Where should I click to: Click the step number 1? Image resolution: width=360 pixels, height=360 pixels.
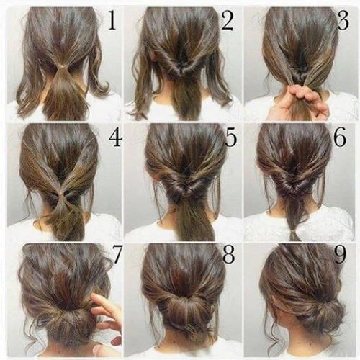112,21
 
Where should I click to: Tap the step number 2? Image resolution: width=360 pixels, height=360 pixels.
227,21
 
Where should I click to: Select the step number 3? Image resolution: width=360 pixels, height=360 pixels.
343,21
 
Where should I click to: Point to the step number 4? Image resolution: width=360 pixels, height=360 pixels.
116,138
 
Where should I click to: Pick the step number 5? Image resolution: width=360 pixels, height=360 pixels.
231,138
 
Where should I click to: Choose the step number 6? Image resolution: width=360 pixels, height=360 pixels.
341,138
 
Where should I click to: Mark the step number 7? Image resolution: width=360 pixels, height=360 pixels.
117,254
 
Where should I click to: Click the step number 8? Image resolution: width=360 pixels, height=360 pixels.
228,254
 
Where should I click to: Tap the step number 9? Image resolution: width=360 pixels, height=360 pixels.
340,254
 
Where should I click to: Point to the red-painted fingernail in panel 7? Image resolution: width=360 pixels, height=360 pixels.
117,340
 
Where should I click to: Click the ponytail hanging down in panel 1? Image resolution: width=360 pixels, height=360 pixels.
63,94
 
